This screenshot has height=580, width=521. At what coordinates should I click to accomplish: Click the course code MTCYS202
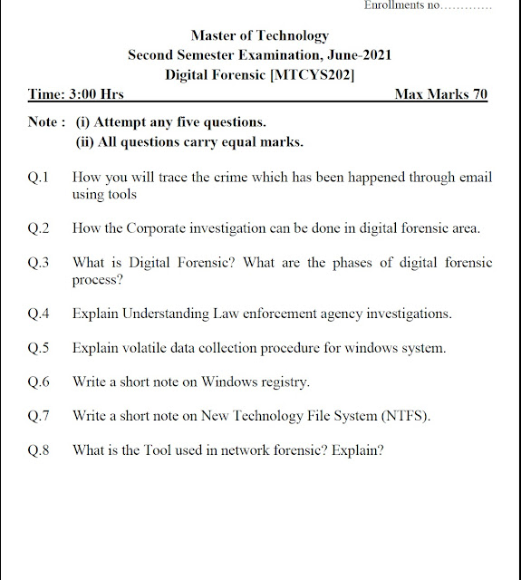tap(313, 74)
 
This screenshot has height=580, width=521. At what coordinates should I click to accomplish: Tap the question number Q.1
tap(38, 178)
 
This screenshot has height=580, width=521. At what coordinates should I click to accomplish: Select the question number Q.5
tap(38, 348)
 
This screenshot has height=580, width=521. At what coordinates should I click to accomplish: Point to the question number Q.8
tap(38, 450)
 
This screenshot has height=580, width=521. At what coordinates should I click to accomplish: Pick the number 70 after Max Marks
tap(480, 94)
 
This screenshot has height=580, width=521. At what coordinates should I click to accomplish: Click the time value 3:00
tap(82, 94)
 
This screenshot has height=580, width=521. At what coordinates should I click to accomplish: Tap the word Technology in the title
tap(293, 36)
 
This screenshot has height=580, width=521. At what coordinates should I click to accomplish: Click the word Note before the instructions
tap(43, 121)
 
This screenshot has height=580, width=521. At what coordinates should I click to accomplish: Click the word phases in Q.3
tap(352, 263)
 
